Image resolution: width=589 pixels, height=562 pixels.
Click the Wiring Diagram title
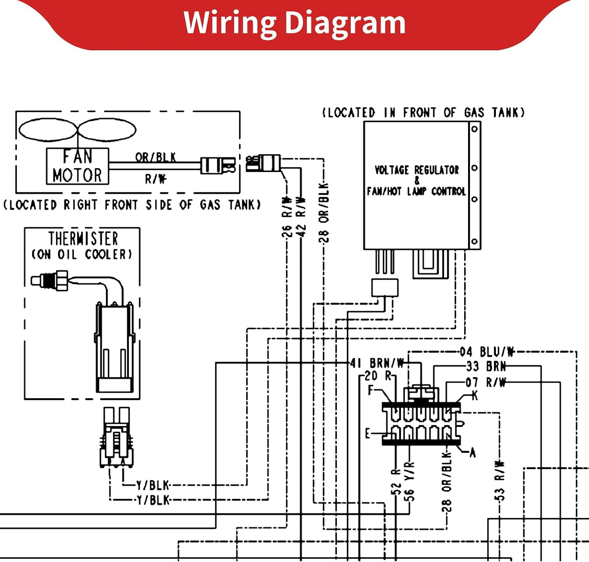pos(294,24)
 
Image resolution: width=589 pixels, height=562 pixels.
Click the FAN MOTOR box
pos(77,166)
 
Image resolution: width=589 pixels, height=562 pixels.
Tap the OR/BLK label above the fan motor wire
pos(155,157)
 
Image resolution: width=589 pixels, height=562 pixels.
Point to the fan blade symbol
pos(77,130)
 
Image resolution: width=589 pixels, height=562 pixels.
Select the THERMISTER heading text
pos(83,239)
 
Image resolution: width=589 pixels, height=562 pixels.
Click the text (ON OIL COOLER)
pos(82,254)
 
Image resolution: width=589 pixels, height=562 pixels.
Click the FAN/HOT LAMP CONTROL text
pos(417,191)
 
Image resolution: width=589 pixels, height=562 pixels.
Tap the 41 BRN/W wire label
pos(377,363)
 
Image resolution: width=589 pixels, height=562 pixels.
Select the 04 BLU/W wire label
pos(487,352)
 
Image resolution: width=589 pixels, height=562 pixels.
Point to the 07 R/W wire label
pos(486,383)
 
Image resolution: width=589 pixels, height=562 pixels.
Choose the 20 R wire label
pos(379,376)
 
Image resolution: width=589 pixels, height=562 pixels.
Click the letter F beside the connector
pos(371,390)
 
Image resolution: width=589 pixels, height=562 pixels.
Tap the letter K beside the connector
pos(475,395)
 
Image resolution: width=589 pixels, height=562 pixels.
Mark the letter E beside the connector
pos(367,434)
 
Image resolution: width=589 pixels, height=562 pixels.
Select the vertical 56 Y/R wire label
pos(410,481)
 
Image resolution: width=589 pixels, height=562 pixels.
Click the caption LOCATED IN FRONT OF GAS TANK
pos(423,113)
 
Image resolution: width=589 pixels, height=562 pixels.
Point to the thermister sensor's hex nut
pos(62,280)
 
